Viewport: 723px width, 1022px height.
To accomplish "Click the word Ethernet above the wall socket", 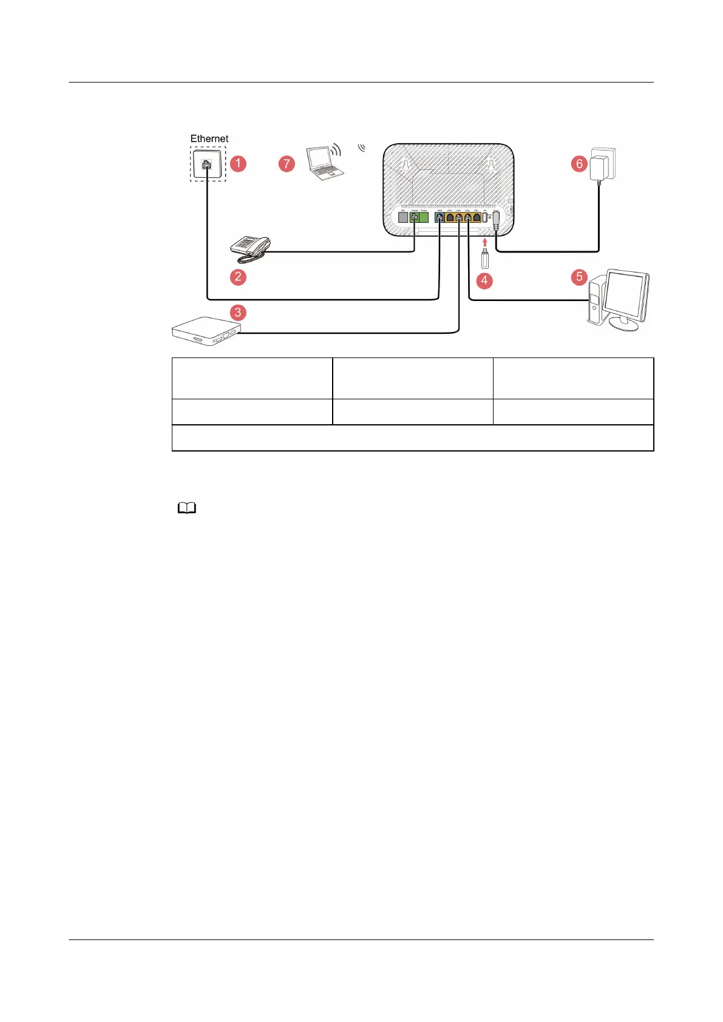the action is tap(209, 139).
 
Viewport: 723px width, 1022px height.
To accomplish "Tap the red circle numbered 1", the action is tap(238, 163).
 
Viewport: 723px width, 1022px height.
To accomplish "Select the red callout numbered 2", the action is tap(238, 277).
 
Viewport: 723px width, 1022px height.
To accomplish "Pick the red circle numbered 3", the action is tap(238, 313).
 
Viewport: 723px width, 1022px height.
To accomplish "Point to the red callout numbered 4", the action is tap(484, 280).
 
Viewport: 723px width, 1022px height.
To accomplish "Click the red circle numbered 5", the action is tap(579, 277).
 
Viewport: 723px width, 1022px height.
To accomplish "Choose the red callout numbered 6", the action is tap(579, 163).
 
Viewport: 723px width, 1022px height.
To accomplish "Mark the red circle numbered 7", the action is tap(287, 163).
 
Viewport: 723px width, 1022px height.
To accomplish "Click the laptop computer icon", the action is tap(324, 163).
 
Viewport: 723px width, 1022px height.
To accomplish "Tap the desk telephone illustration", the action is tap(249, 248).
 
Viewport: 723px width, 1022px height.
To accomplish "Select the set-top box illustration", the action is tap(206, 331).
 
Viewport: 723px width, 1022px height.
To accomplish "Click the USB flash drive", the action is tap(485, 259).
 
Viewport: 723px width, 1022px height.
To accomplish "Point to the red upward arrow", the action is tap(485, 242).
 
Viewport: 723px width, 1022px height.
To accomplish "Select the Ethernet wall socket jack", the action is tap(207, 164).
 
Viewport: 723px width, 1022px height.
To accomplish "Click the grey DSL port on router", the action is tap(402, 217).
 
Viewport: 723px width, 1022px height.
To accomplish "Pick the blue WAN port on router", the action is tap(440, 217).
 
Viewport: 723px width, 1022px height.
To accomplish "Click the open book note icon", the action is tap(187, 509).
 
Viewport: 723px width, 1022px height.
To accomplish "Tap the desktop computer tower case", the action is tap(595, 300).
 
